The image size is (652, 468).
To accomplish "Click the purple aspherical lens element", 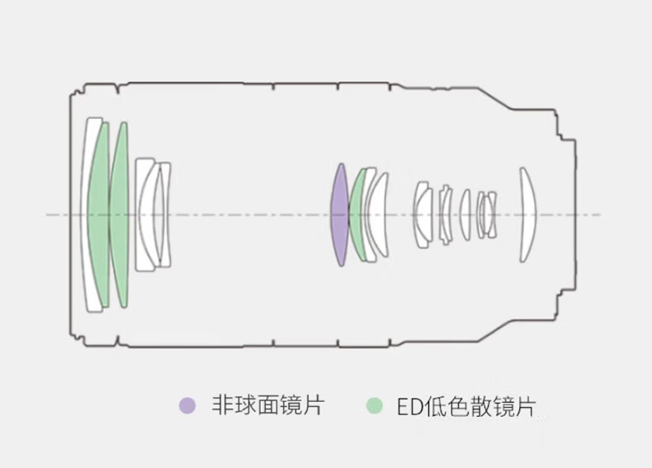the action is pyautogui.click(x=338, y=215).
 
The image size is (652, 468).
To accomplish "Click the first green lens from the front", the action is pyautogui.click(x=98, y=215).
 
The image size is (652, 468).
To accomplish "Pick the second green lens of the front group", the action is pyautogui.click(x=120, y=215).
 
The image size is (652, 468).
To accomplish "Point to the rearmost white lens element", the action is pyautogui.click(x=527, y=215).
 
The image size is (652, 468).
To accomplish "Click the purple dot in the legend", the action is pyautogui.click(x=188, y=405).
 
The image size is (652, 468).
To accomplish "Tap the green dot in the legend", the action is pyautogui.click(x=376, y=405).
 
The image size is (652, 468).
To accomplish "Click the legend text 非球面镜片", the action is pyautogui.click(x=267, y=405).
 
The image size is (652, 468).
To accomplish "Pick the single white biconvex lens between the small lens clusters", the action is pyautogui.click(x=465, y=215).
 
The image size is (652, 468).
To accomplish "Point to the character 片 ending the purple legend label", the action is pyautogui.click(x=314, y=405).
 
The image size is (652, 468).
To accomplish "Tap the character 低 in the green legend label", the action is pyautogui.click(x=437, y=405).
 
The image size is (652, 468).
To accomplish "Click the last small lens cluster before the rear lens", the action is pyautogui.click(x=487, y=215).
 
